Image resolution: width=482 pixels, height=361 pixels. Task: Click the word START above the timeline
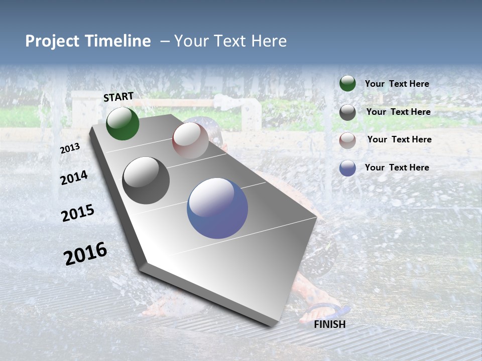coord(118,97)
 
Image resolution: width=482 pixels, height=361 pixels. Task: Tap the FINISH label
coord(329,324)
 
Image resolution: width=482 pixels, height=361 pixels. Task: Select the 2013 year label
coord(70,148)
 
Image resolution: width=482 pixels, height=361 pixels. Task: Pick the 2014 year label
coord(74,177)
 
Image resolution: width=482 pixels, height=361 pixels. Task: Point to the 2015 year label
coord(78,213)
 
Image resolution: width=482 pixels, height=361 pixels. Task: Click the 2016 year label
coord(85,254)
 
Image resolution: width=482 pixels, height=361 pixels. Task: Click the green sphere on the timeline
coord(123,123)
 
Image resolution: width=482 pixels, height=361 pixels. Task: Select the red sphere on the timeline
coord(190,140)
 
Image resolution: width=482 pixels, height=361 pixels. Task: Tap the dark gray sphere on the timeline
coord(146,180)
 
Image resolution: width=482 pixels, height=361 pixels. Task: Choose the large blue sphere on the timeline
coord(217,208)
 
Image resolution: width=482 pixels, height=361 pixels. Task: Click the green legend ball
coord(347,84)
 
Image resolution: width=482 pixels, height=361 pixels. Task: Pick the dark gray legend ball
coord(347,112)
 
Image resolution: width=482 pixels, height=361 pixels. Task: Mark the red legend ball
coord(347,140)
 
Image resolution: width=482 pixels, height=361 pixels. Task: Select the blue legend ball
coord(347,168)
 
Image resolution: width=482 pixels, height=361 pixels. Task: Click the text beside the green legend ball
coord(397,84)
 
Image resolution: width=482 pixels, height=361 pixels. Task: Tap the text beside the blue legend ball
coord(397,167)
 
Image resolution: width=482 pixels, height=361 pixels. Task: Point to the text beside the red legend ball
coord(399,139)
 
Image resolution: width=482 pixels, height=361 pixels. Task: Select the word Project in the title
coord(52,41)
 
